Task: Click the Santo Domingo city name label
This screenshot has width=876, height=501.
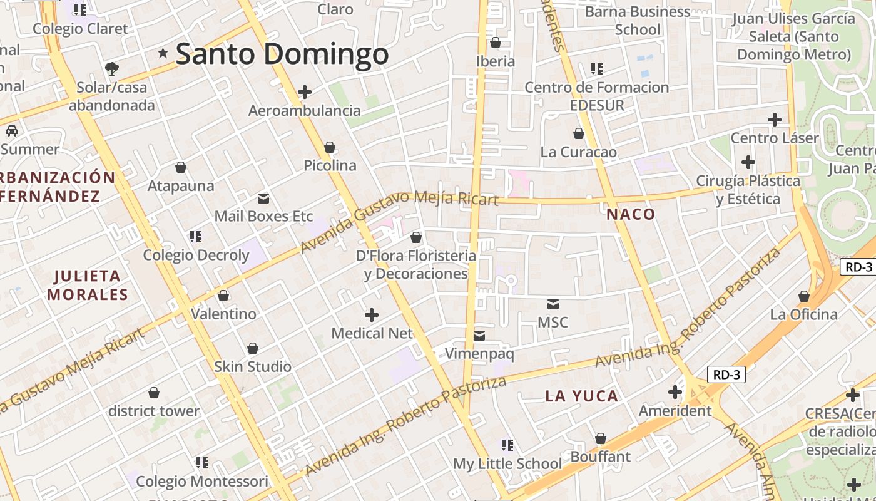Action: point(282,54)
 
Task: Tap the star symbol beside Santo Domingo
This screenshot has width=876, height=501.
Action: point(163,53)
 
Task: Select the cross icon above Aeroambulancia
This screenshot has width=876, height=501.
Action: point(305,92)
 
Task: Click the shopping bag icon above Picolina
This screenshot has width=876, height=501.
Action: point(330,147)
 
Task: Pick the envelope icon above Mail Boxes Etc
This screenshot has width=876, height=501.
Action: point(263,199)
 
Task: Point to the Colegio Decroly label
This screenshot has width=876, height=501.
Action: point(196,255)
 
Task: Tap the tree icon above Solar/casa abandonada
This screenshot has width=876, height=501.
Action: point(112,68)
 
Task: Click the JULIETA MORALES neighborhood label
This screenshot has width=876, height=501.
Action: point(88,285)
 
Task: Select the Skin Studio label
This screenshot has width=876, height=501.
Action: point(253,366)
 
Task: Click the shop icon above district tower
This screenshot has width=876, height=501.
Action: point(154,393)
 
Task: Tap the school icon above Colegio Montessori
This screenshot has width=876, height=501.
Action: point(201,463)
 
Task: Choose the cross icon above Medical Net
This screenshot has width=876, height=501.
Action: point(372,314)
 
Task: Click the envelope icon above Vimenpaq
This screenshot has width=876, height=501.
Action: point(479,336)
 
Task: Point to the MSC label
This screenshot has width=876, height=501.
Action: point(553,323)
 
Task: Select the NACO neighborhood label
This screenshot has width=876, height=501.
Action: point(631,214)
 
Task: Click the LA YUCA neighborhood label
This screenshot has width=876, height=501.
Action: point(582,396)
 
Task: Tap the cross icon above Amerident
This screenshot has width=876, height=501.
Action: point(675,392)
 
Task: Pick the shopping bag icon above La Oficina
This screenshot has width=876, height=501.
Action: point(804,296)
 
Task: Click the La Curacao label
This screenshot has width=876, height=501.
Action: point(579,152)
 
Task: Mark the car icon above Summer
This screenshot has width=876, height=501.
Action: point(12,131)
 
